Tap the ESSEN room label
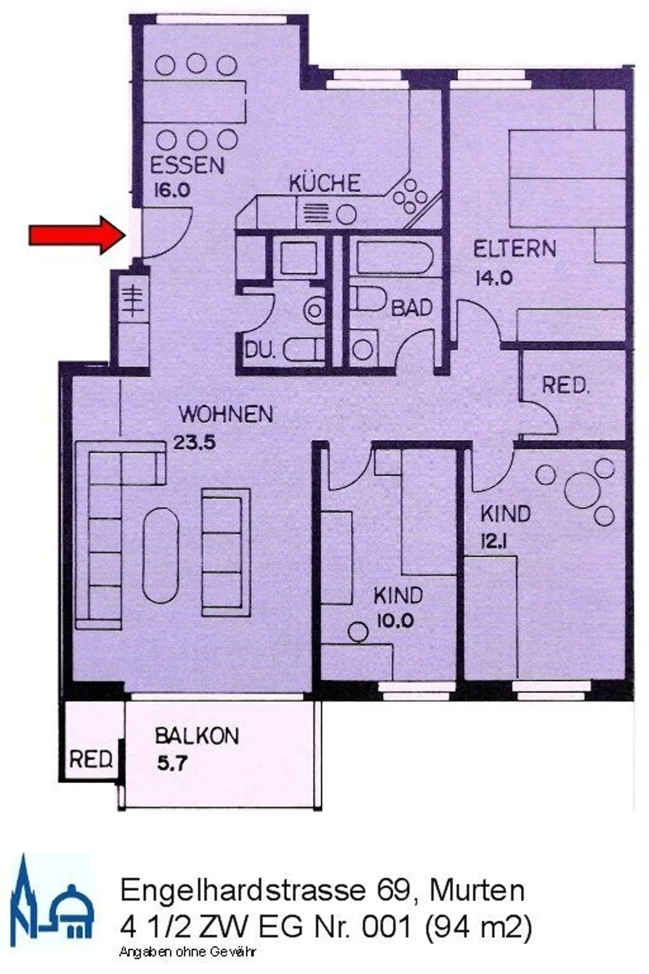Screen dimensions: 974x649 187,165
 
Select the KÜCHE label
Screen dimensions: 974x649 324,184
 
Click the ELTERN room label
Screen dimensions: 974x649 514,249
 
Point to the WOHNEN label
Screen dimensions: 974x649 226,414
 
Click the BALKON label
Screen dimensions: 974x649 197,736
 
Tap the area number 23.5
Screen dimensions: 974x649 195,443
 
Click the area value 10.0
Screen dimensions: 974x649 395,622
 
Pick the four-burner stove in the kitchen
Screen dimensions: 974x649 410,197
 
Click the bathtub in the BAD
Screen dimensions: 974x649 395,257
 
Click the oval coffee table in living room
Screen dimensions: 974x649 160,556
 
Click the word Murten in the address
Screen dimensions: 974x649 477,890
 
